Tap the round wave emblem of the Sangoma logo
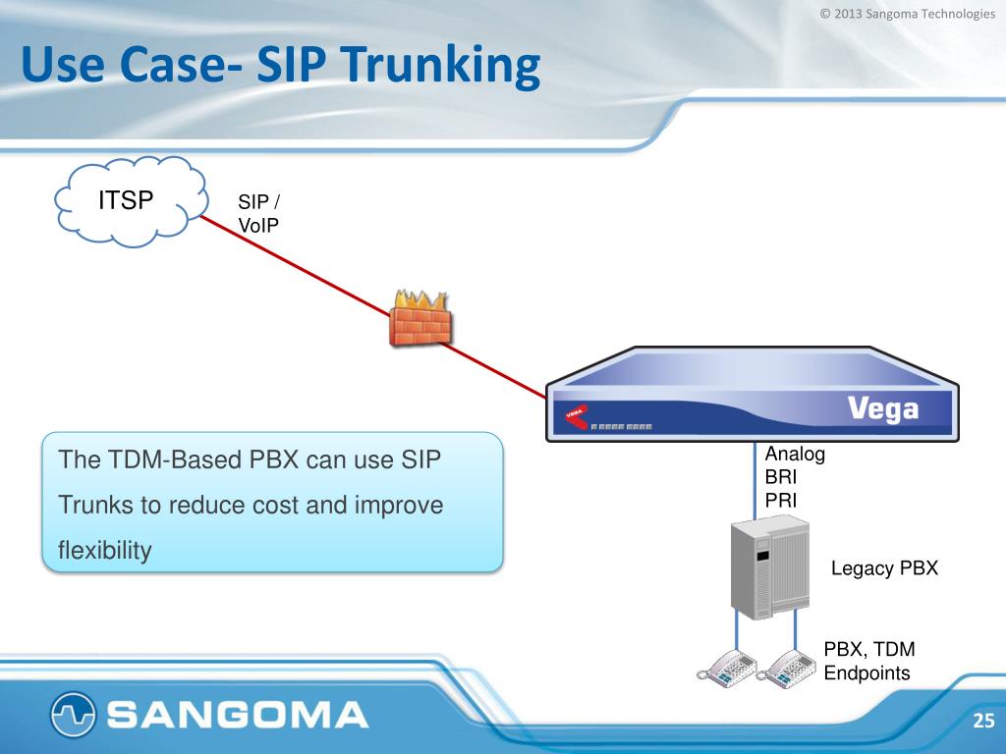point(74,715)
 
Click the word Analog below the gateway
point(795,455)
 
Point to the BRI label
point(782,477)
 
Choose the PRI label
point(781,500)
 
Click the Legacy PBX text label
point(884,567)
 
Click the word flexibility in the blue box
point(105,551)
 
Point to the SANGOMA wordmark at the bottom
point(237,715)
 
